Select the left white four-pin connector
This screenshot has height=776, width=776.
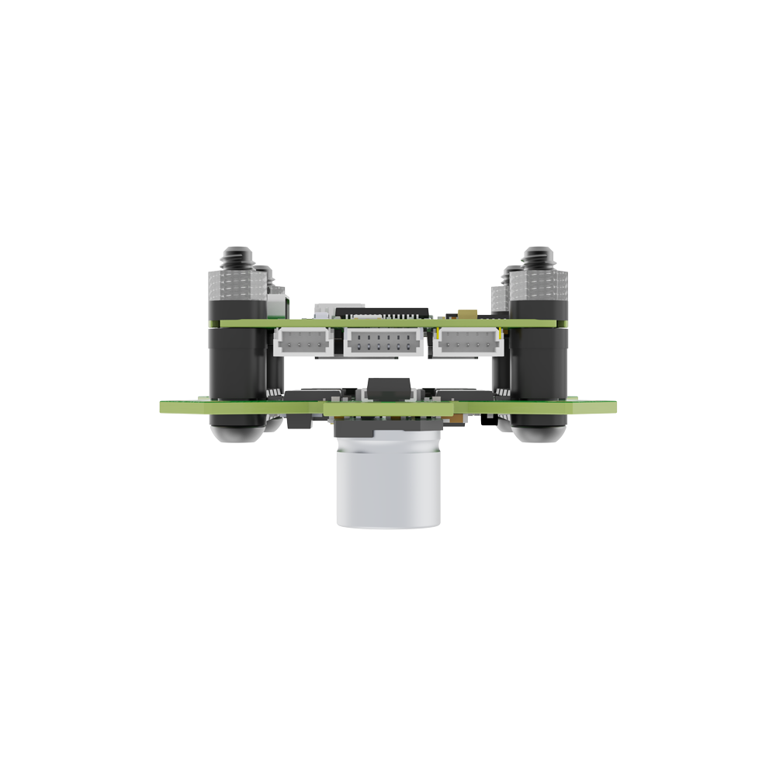click(x=302, y=341)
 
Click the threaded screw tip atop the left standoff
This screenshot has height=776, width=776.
click(x=234, y=255)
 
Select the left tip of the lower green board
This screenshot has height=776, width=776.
click(x=163, y=406)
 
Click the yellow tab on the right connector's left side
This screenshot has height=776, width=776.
click(x=441, y=336)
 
